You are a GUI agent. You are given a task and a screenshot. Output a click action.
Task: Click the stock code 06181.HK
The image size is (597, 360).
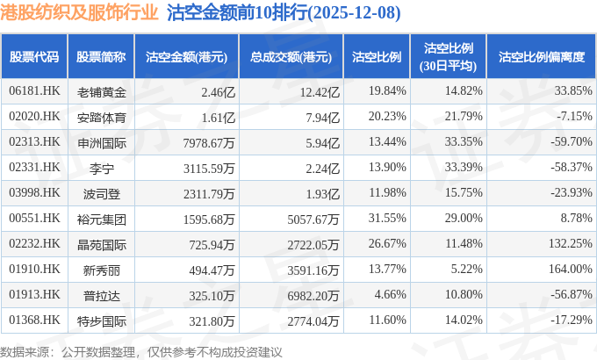tap(33, 91)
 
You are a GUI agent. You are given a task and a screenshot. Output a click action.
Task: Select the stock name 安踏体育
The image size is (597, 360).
tap(102, 117)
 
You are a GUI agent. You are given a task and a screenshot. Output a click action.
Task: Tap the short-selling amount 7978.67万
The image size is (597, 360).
tap(206, 142)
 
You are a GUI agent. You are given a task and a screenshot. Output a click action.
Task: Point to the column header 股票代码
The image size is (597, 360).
tap(33, 56)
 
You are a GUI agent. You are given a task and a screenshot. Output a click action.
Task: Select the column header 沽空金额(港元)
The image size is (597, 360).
tap(186, 56)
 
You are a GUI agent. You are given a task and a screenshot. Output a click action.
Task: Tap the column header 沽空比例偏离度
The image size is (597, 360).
tap(541, 56)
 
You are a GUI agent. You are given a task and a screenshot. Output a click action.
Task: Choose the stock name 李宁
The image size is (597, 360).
tap(102, 168)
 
